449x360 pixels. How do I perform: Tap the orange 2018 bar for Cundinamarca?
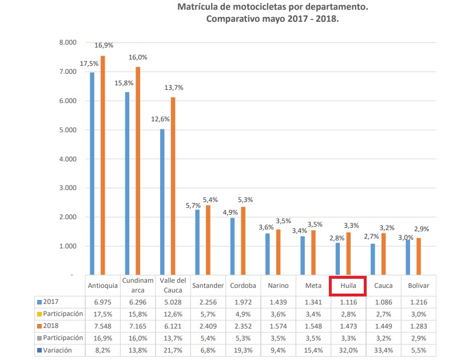(138, 171)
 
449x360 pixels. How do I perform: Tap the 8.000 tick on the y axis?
(67, 43)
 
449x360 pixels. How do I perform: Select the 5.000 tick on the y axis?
(67, 130)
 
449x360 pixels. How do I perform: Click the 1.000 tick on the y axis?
(67, 247)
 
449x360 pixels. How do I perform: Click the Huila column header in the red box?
(348, 285)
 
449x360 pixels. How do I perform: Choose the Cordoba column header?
(243, 285)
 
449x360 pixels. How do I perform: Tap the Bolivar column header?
(419, 285)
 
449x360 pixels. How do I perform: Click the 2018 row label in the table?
(52, 326)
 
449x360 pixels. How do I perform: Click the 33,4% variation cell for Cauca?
(383, 350)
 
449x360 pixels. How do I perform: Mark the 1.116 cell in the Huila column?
(348, 301)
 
